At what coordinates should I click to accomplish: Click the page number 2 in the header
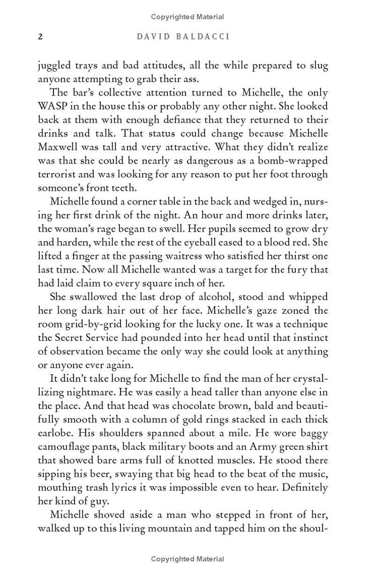[x=40, y=37]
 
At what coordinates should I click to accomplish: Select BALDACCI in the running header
[x=204, y=37]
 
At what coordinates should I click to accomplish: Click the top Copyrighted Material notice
[x=187, y=17]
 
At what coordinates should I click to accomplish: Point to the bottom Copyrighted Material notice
[x=187, y=559]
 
